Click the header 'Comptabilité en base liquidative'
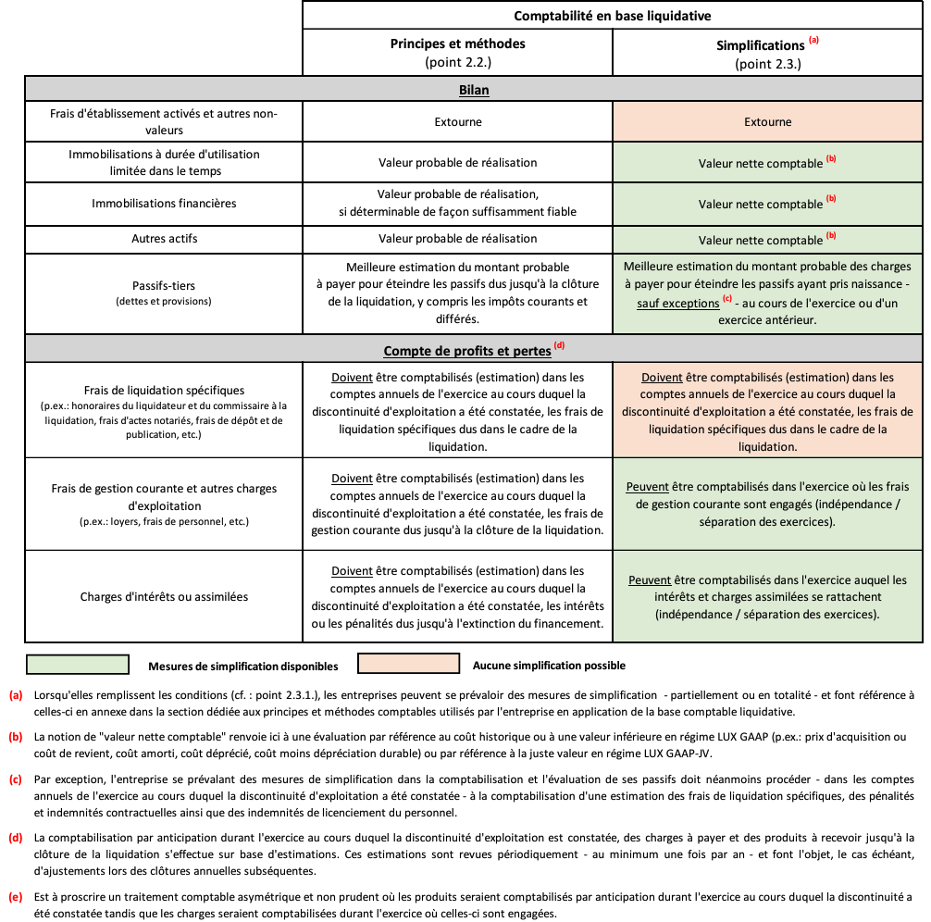(612, 16)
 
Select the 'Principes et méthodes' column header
(457, 44)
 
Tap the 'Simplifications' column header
(761, 45)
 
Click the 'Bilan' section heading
(473, 91)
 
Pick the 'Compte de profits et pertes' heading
(467, 351)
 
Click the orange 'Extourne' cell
(768, 122)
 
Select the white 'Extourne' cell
(457, 122)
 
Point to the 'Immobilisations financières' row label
(164, 203)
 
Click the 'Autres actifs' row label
(164, 239)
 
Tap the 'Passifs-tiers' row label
(164, 285)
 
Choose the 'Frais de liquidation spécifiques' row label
(164, 391)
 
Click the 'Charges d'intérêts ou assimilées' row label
(164, 596)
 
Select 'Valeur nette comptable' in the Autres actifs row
(760, 240)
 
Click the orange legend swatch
(402, 665)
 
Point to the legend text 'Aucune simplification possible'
(548, 666)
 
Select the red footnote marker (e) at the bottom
(16, 896)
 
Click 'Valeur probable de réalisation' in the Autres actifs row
(457, 239)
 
